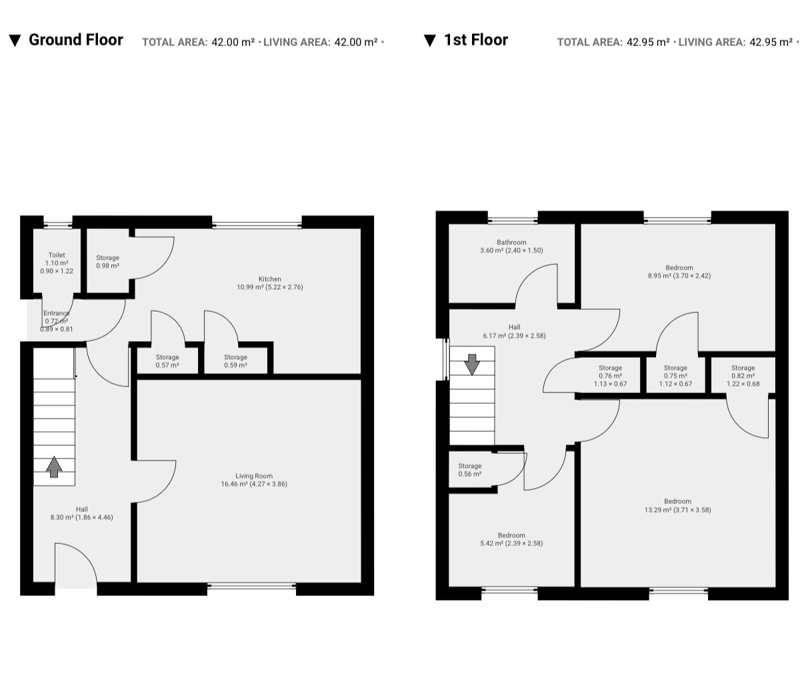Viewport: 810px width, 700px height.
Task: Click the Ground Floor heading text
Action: [76, 40]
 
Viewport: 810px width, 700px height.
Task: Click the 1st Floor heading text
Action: [476, 40]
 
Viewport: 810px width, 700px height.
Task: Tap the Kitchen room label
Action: [269, 279]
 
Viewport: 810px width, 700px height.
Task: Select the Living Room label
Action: [254, 476]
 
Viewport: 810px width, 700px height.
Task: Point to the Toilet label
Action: [57, 255]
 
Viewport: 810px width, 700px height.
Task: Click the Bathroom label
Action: [511, 242]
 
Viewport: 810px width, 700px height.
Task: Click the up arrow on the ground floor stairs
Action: [54, 466]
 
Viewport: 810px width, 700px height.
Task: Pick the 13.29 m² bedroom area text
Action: [677, 510]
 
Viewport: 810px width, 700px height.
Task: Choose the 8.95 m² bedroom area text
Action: [679, 276]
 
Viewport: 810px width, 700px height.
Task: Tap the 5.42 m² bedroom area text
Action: [511, 543]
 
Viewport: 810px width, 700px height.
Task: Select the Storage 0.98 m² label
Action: [108, 262]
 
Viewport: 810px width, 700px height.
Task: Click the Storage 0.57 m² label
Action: [167, 361]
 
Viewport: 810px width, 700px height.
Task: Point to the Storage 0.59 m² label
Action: [235, 361]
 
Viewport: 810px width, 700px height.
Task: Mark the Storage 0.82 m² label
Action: [743, 376]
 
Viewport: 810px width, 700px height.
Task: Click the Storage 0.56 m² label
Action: [470, 470]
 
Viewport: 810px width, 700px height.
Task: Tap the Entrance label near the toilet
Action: [57, 313]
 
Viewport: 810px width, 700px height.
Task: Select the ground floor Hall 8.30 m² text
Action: [81, 513]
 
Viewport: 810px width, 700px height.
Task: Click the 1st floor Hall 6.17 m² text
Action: [514, 332]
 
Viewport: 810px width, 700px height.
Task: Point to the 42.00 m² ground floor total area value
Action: [233, 42]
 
